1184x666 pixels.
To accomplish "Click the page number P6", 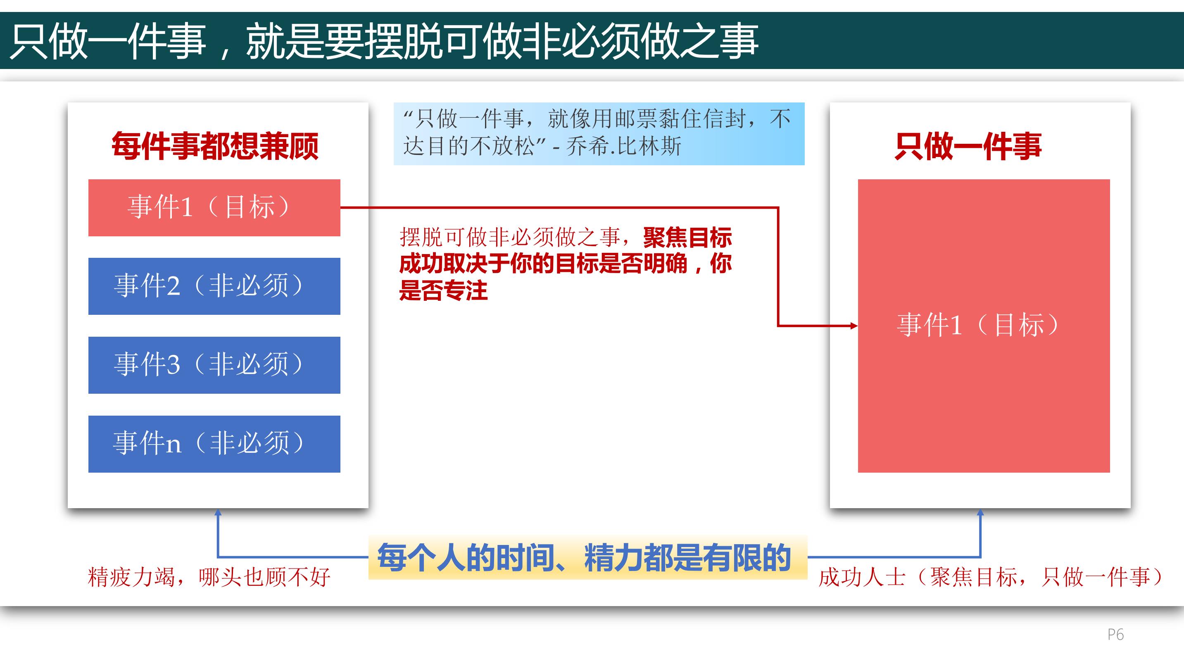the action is click(1115, 634).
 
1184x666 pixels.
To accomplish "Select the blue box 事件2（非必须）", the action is click(214, 286).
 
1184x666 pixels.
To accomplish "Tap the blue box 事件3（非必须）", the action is click(214, 365).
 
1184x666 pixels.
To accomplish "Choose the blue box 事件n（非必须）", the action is click(214, 444).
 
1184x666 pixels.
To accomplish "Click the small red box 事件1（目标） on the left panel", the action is click(214, 208).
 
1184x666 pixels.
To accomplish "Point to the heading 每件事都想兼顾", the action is click(215, 146).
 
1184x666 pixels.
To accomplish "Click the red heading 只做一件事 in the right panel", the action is click(968, 146).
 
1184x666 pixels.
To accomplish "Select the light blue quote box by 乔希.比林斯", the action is click(599, 134).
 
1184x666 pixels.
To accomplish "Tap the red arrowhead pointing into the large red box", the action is click(854, 326).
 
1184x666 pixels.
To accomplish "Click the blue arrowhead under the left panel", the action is click(218, 512).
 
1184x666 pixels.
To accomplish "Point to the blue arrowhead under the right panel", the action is click(980, 512).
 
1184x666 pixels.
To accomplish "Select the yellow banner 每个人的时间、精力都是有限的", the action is click(588, 557).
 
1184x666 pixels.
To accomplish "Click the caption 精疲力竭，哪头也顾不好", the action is click(209, 577).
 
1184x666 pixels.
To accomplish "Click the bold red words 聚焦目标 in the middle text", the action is click(687, 238).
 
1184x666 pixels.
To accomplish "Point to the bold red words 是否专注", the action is click(444, 290).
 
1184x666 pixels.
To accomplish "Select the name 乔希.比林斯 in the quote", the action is click(624, 147).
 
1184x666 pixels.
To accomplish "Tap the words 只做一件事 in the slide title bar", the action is click(108, 41).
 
